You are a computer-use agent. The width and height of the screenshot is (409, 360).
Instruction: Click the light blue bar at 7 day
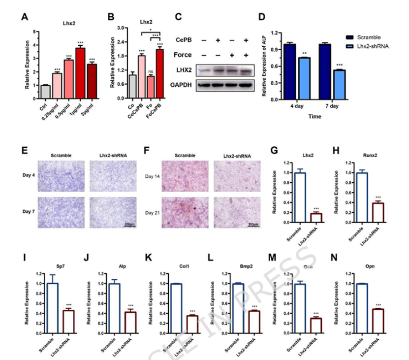[339, 85]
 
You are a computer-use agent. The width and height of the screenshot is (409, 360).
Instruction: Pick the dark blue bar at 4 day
[289, 71]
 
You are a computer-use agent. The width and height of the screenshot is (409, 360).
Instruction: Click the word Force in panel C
[183, 55]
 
